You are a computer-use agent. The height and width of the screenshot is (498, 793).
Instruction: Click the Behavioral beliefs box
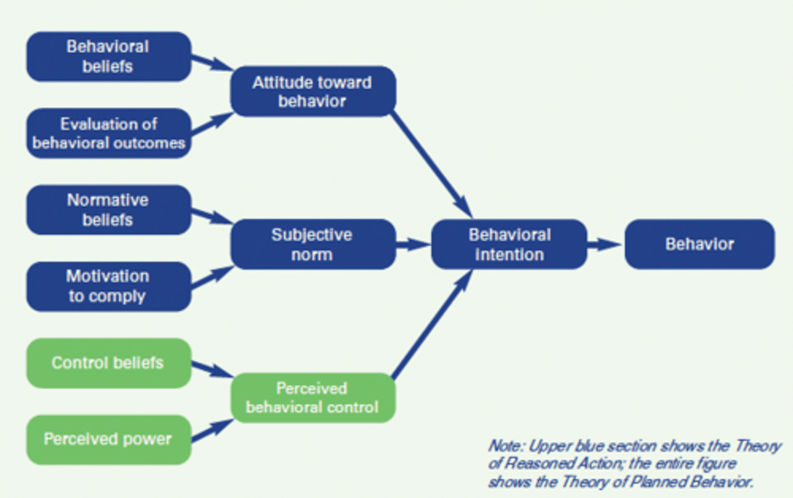click(x=108, y=57)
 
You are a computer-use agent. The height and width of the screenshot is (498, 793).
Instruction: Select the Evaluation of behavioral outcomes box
click(x=108, y=133)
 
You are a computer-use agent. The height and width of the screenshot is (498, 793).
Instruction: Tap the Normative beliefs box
click(x=108, y=210)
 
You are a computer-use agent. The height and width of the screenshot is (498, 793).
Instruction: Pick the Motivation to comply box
click(x=108, y=286)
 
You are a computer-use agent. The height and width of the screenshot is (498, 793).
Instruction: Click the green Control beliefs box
click(x=108, y=363)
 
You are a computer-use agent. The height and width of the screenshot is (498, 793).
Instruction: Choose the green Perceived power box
click(x=108, y=440)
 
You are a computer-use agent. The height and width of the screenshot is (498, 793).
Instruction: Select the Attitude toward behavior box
click(x=312, y=91)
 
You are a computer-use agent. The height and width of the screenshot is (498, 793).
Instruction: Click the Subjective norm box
click(x=312, y=245)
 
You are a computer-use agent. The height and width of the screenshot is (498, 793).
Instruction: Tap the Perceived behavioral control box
click(x=312, y=398)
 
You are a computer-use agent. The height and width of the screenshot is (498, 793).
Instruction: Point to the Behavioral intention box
click(x=509, y=245)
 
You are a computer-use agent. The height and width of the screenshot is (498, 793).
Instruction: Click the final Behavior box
click(x=699, y=245)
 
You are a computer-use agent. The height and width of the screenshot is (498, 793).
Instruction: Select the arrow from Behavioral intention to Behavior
click(x=605, y=244)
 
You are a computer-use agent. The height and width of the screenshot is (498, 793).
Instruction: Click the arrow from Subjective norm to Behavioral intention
click(x=413, y=244)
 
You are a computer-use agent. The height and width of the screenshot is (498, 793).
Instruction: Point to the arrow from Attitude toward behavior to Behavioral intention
click(x=432, y=165)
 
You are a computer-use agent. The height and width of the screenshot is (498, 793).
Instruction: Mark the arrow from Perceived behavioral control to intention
click(x=432, y=325)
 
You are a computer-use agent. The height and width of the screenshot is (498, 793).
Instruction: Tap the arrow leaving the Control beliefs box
click(x=212, y=370)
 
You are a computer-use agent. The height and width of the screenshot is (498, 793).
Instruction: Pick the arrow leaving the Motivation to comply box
click(x=212, y=277)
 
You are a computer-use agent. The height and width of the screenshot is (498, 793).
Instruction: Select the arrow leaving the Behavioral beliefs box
click(x=212, y=63)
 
